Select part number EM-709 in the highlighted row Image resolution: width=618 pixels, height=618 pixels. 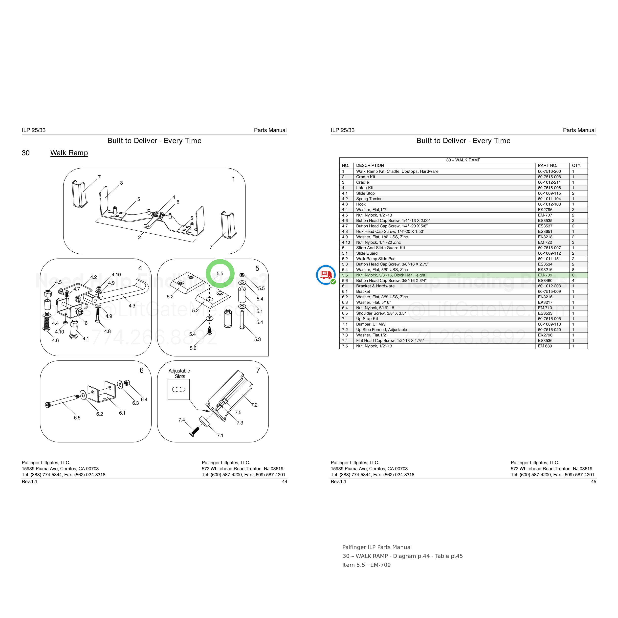545,275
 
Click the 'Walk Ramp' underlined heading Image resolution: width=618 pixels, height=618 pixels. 69,153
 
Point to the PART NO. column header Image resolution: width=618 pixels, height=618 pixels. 547,165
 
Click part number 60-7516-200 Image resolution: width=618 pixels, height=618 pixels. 549,172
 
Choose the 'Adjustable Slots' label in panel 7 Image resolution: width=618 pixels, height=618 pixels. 179,374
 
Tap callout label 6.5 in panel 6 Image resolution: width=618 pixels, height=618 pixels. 77,418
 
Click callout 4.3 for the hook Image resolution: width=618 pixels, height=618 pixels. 132,306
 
